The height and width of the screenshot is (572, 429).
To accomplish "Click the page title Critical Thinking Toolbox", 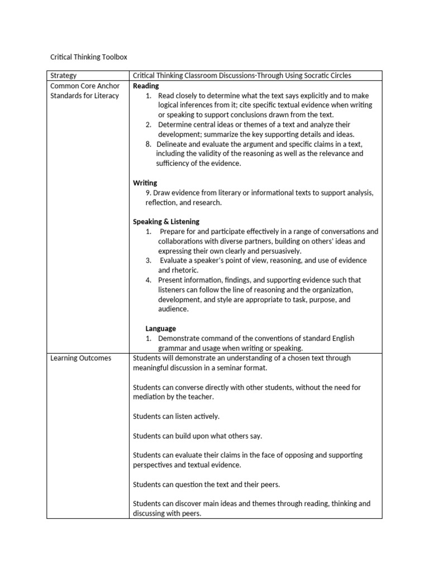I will coord(89,57).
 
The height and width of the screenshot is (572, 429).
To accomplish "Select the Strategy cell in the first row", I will coord(63,76).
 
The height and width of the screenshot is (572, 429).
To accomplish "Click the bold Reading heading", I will coord(146,85).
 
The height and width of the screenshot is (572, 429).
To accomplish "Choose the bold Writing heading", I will coord(145,183).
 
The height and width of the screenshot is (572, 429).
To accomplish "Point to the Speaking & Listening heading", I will coord(166,222).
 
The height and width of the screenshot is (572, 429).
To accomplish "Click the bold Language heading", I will coord(161,328).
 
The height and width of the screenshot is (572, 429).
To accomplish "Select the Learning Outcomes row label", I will coord(80,358).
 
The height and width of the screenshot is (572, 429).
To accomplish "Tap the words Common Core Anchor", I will coord(84,86).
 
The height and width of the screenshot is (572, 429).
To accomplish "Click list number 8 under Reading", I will coord(148,144).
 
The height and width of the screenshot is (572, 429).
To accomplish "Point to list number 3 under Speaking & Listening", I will coord(149,260).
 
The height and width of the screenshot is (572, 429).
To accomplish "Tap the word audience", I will coord(173,309).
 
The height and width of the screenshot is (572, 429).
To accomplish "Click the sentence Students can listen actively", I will coord(176,416).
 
